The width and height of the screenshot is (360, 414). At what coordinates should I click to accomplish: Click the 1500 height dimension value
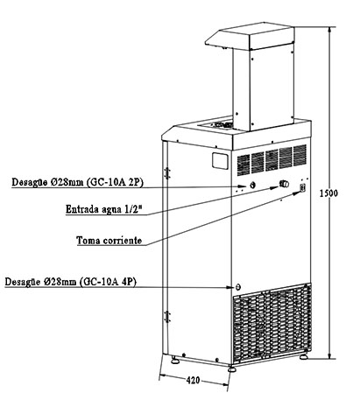pyautogui.click(x=328, y=193)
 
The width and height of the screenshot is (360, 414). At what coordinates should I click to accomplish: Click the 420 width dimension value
pyautogui.click(x=194, y=380)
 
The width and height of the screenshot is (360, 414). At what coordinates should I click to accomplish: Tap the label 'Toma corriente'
pyautogui.click(x=109, y=241)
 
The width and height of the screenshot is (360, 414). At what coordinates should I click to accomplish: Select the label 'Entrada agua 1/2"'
pyautogui.click(x=105, y=209)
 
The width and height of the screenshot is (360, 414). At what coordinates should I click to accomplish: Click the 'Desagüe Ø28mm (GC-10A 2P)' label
pyautogui.click(x=77, y=182)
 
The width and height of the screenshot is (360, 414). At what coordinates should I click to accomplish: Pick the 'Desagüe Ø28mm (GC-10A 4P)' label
pyautogui.click(x=71, y=282)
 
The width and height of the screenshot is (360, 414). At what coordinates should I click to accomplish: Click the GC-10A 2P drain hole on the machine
pyautogui.click(x=253, y=185)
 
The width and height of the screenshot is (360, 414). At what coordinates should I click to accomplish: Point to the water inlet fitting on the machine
pyautogui.click(x=284, y=184)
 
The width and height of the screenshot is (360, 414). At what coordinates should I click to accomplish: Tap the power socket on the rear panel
pyautogui.click(x=303, y=187)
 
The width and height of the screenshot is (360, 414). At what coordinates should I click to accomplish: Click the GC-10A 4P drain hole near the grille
pyautogui.click(x=238, y=287)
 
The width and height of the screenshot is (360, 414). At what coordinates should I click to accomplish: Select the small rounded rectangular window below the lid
pyautogui.click(x=220, y=161)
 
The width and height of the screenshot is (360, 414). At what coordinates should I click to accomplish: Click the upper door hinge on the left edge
pyautogui.click(x=167, y=173)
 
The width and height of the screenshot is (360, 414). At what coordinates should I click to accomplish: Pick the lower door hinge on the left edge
pyautogui.click(x=167, y=316)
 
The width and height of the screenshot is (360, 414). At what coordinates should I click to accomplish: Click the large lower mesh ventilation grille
pyautogui.click(x=272, y=323)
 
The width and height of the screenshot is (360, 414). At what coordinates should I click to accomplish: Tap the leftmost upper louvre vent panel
pyautogui.click(x=244, y=165)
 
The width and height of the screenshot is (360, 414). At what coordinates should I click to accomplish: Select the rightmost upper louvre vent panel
pyautogui.click(x=300, y=156)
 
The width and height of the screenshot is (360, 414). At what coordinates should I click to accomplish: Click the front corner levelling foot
pyautogui.click(x=232, y=368)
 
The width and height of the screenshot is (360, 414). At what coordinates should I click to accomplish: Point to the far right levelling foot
pyautogui.click(x=304, y=356)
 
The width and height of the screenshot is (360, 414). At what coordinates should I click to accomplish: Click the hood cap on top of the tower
pyautogui.click(x=250, y=36)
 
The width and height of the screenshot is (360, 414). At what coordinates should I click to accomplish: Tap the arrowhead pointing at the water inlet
pyautogui.click(x=274, y=187)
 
